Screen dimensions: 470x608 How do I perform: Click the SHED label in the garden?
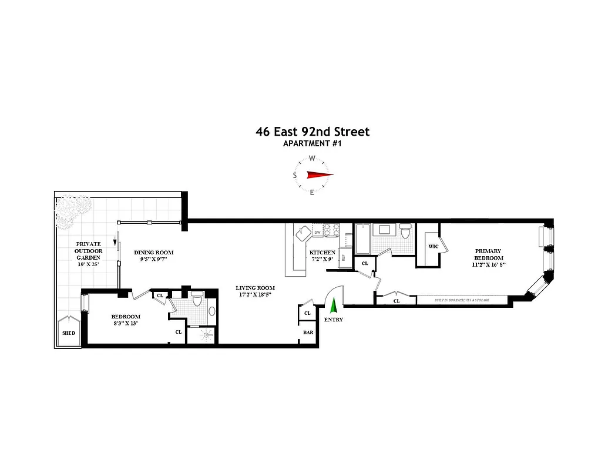pos(69,333)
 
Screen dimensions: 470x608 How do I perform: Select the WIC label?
pos(434,246)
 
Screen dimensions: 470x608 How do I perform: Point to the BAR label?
pos(308,333)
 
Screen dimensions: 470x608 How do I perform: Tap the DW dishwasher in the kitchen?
pos(317,233)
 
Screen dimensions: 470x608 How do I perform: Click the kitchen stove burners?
pos(331,229)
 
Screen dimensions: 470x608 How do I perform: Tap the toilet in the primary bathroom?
pos(405,231)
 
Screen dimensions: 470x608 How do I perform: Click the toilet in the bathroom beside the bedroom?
pos(199,301)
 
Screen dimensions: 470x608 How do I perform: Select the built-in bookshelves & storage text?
pos(461,300)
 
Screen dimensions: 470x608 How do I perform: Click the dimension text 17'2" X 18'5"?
pos(256,296)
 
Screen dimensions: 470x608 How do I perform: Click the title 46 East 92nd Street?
pos(313,132)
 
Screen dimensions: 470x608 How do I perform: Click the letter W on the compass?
pos(313,158)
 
